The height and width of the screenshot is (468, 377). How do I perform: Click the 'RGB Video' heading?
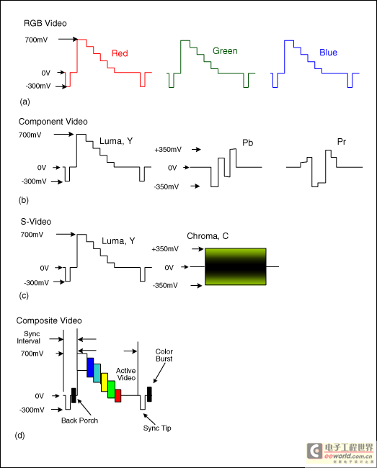tap(45, 23)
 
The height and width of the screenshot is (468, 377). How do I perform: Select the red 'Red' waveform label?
tap(120, 53)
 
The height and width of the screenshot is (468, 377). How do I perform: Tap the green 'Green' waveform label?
tap(225, 51)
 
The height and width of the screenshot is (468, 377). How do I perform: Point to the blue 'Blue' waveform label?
tap(328, 53)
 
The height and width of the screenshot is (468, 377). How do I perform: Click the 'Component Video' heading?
tap(53, 122)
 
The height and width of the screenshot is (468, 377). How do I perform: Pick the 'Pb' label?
tap(248, 143)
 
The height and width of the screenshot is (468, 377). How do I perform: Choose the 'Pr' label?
tap(342, 142)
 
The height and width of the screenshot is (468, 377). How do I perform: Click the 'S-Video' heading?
tap(36, 222)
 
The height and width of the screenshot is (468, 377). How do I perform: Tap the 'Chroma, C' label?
tap(208, 236)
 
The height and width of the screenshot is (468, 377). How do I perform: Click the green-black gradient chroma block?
tap(236, 266)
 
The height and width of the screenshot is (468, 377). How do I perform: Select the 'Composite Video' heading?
tap(49, 320)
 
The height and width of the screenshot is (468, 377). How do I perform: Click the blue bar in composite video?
tap(90, 367)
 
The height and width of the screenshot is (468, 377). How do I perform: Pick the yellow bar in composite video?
tap(105, 382)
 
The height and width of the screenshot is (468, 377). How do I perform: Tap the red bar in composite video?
tap(118, 395)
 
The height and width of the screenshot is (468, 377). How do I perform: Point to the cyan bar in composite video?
tap(97, 373)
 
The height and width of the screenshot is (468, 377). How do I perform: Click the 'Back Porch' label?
tap(79, 420)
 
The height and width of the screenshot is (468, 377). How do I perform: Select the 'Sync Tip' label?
tap(157, 428)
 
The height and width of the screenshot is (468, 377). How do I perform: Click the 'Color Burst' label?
tap(164, 355)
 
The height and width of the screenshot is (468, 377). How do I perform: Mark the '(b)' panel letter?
tap(24, 200)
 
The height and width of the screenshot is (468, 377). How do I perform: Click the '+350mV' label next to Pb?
tap(168, 150)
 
